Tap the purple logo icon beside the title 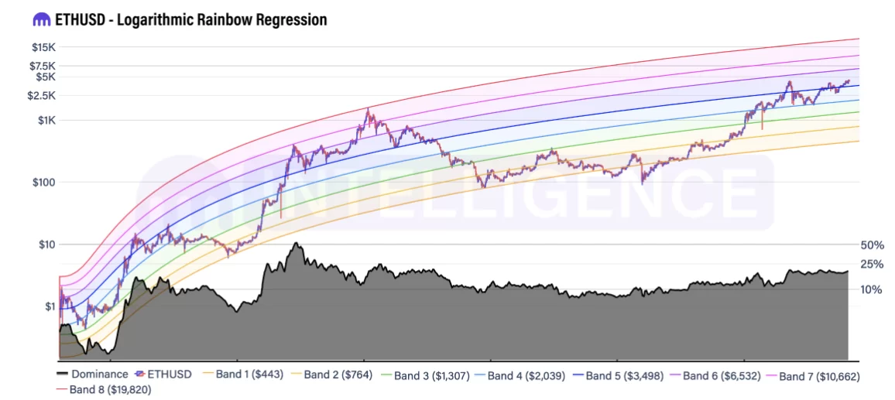[39, 19]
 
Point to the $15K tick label [43, 47]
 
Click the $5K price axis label [45, 77]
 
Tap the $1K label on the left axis [45, 120]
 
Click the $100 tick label [43, 183]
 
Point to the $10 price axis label [46, 244]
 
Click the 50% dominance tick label [872, 245]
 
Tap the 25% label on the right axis [872, 264]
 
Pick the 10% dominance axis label [872, 289]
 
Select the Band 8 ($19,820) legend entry [112, 388]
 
